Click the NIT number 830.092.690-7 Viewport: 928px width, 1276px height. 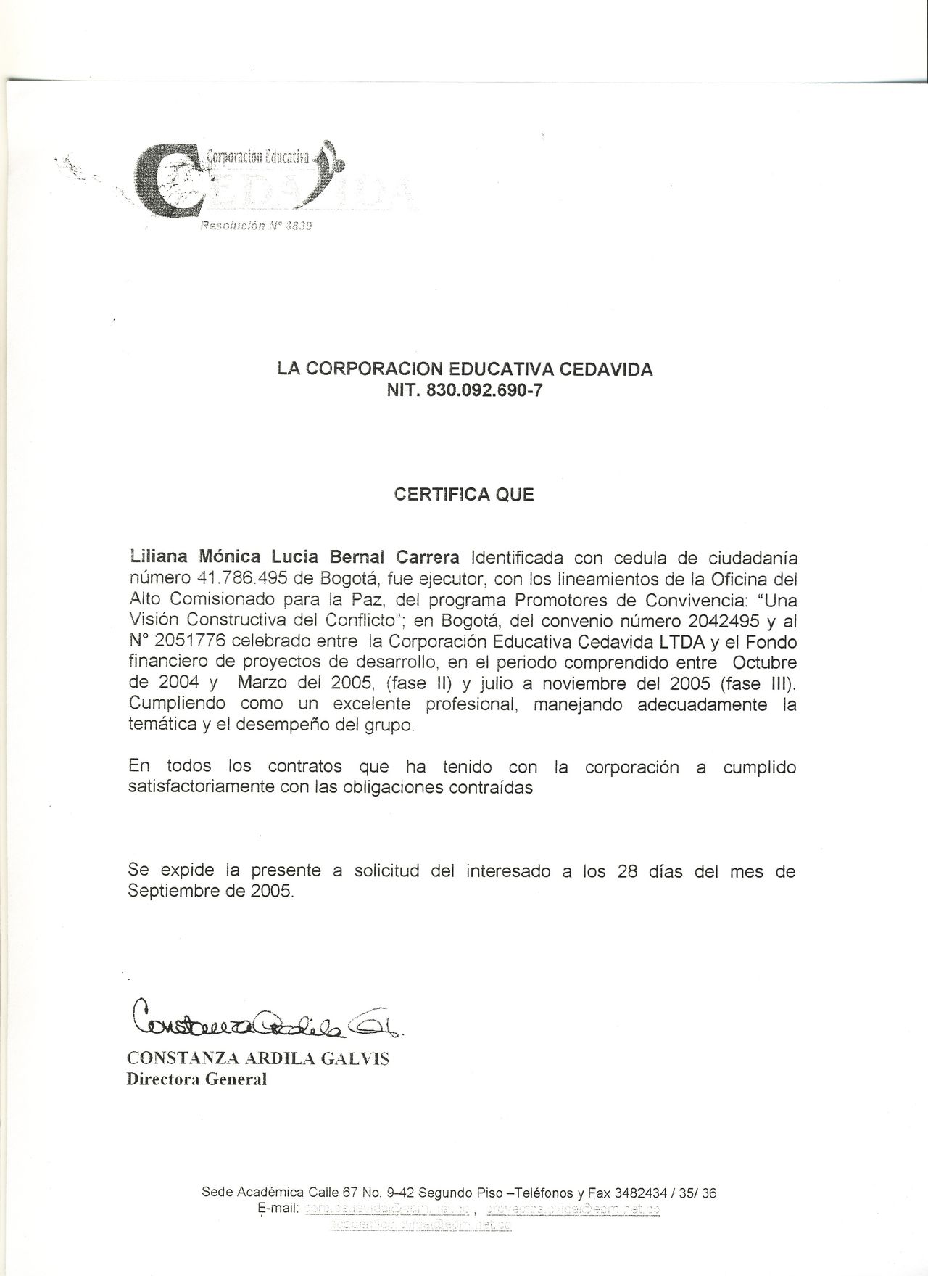point(485,391)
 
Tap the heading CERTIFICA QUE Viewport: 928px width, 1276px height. point(463,495)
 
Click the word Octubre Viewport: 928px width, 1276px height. point(764,663)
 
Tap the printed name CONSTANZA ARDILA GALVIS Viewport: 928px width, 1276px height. point(258,1059)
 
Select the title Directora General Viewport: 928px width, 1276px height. point(197,1079)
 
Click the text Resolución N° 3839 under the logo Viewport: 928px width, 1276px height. point(256,226)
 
